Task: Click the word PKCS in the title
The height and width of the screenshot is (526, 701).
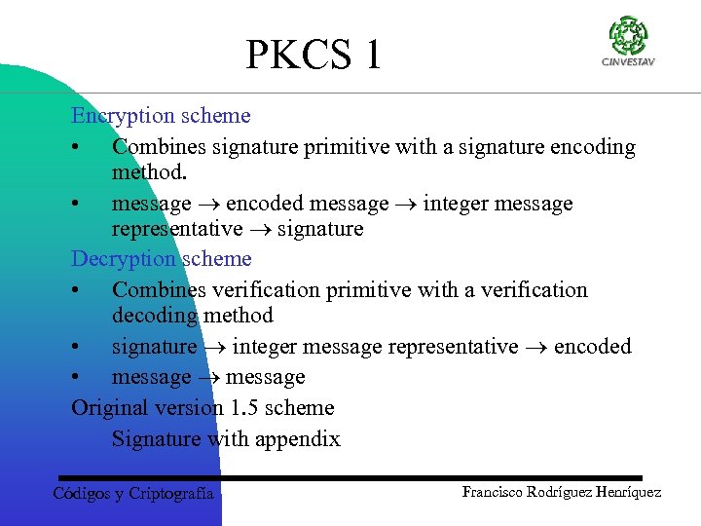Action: coord(299,56)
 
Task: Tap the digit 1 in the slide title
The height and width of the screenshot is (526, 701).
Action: coord(372,56)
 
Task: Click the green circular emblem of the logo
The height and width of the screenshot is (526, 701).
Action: coord(628,36)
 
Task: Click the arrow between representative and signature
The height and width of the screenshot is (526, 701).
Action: coord(260,230)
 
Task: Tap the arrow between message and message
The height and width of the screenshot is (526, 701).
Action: coord(208,377)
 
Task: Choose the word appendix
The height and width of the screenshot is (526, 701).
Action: coord(298,439)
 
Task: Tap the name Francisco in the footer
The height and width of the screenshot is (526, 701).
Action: coord(494,492)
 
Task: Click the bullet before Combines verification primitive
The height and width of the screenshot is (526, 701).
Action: coord(76,290)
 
